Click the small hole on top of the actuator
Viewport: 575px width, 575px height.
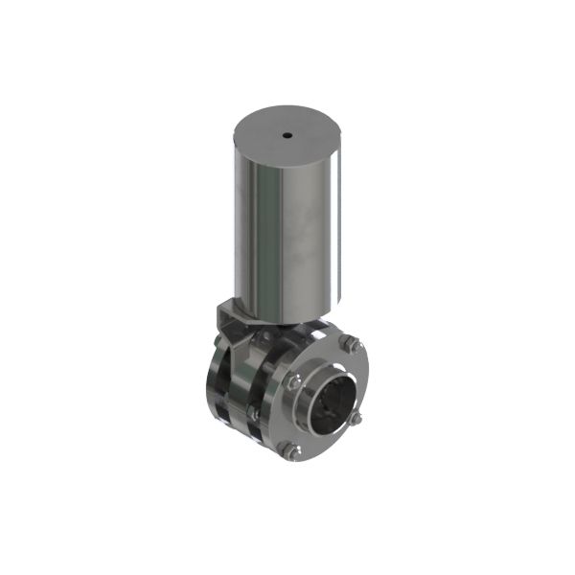click(287, 136)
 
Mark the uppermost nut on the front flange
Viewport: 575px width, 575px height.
click(351, 346)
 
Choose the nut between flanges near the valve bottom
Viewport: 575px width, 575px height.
click(252, 411)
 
